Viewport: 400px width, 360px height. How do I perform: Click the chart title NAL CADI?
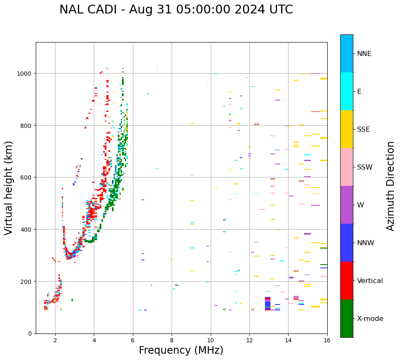pyautogui.click(x=176, y=10)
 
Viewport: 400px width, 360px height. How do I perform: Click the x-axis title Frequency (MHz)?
pyautogui.click(x=181, y=350)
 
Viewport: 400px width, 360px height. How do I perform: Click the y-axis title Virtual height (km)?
pyautogui.click(x=9, y=188)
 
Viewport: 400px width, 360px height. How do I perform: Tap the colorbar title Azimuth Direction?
pyautogui.click(x=391, y=186)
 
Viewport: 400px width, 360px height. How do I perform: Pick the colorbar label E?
pyautogui.click(x=359, y=91)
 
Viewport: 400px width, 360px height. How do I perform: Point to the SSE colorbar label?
pyautogui.click(x=363, y=129)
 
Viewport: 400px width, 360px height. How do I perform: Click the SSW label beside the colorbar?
pyautogui.click(x=365, y=167)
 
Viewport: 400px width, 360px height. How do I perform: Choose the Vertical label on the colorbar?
pyautogui.click(x=370, y=281)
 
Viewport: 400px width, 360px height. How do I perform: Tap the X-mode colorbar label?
pyautogui.click(x=370, y=318)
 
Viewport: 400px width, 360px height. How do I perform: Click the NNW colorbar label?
pyautogui.click(x=366, y=243)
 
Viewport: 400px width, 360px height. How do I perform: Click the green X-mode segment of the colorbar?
pyautogui.click(x=347, y=318)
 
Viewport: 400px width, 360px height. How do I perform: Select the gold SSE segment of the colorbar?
pyautogui.click(x=347, y=129)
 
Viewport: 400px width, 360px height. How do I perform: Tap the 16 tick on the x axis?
pyautogui.click(x=327, y=340)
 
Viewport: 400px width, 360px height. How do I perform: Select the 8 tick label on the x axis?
pyautogui.click(x=172, y=340)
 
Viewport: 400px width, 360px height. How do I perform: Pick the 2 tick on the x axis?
pyautogui.click(x=55, y=340)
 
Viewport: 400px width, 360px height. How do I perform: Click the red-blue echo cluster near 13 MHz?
pyautogui.click(x=268, y=304)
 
